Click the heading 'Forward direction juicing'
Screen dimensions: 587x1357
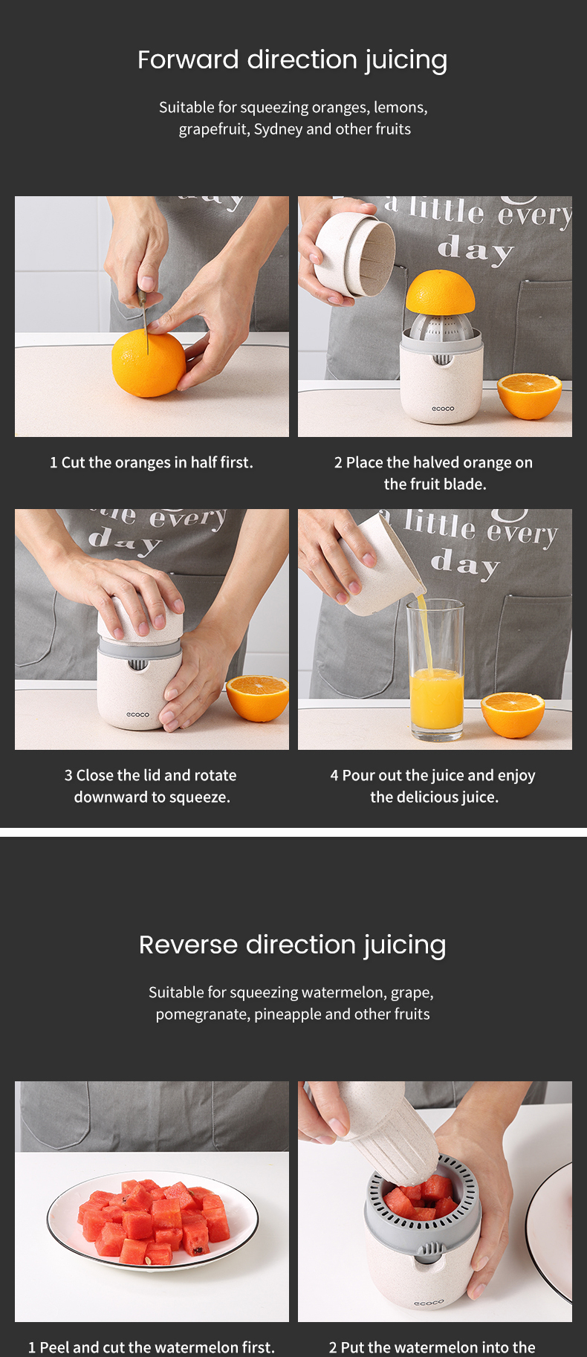click(x=293, y=60)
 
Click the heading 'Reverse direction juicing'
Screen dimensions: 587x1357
click(x=293, y=945)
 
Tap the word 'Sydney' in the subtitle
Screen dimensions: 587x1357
click(x=278, y=129)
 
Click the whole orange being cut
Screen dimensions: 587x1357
click(x=148, y=364)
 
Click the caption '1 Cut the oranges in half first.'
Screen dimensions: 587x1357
click(x=152, y=462)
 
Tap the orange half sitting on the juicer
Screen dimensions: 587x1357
click(x=440, y=293)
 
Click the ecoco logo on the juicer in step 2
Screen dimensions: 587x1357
click(x=443, y=409)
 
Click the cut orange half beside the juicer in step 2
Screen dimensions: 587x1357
click(x=529, y=396)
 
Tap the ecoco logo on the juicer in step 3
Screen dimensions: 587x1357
click(x=137, y=715)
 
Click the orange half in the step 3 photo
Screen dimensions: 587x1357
click(x=258, y=698)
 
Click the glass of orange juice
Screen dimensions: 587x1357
click(x=435, y=670)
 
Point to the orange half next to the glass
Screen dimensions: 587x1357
click(x=513, y=714)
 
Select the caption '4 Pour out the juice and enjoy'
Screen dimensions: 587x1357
click(x=433, y=775)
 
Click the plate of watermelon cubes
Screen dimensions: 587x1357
click(x=152, y=1222)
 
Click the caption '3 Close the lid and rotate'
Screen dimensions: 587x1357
click(x=151, y=775)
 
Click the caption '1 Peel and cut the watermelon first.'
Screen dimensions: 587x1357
click(x=152, y=1347)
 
